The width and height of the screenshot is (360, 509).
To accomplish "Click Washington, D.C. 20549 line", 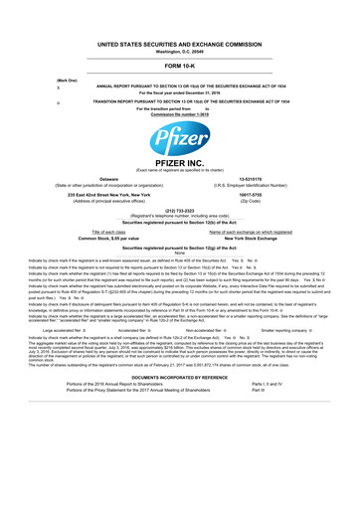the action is pyautogui.click(x=180, y=25).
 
